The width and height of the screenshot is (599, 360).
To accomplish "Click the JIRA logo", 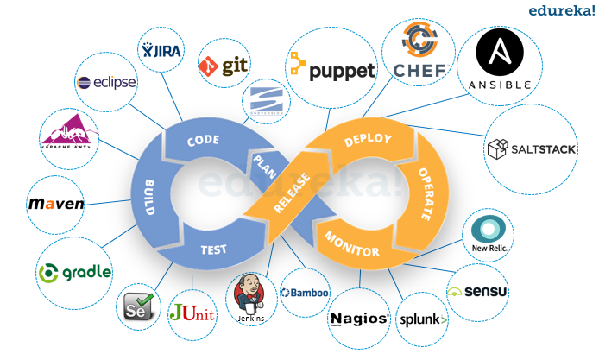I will click(x=161, y=50).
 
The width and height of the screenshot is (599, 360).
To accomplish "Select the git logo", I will click(x=224, y=66).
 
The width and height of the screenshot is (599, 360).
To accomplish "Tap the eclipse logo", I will click(x=107, y=83).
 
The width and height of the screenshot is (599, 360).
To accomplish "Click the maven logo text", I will click(x=57, y=205).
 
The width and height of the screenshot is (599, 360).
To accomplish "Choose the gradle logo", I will click(x=74, y=272).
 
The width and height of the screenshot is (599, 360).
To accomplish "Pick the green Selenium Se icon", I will click(x=139, y=305).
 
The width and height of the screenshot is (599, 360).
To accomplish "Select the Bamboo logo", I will click(x=305, y=293).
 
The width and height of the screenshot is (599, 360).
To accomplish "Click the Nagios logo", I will click(x=358, y=319).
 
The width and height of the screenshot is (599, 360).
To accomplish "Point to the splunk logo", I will click(x=423, y=319).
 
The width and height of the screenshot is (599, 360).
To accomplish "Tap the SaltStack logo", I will click(x=531, y=149).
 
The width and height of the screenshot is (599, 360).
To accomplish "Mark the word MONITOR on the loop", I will click(x=352, y=245).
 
